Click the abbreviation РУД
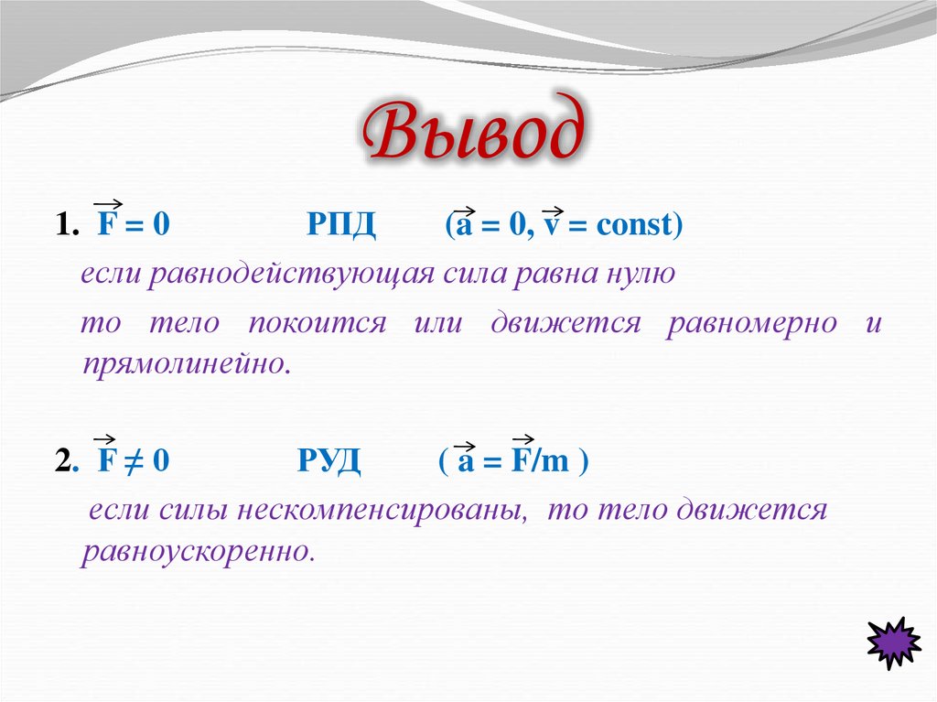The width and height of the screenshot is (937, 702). pyautogui.click(x=328, y=461)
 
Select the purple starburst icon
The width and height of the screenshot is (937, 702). pyautogui.click(x=892, y=643)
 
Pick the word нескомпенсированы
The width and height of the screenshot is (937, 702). pyautogui.click(x=382, y=510)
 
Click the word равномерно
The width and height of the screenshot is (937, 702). pyautogui.click(x=750, y=323)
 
